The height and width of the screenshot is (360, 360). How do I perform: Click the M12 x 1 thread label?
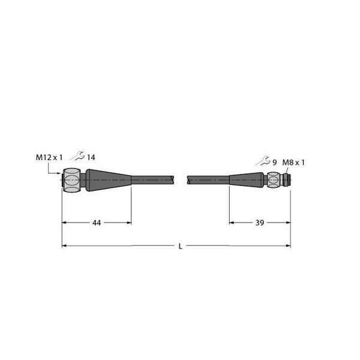point(49,157)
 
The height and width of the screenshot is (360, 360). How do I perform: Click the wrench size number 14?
point(91,157)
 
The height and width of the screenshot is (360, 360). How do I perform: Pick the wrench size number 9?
point(274,163)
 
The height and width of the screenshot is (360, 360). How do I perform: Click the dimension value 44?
point(97,223)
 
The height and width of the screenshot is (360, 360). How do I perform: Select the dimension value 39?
point(260,223)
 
